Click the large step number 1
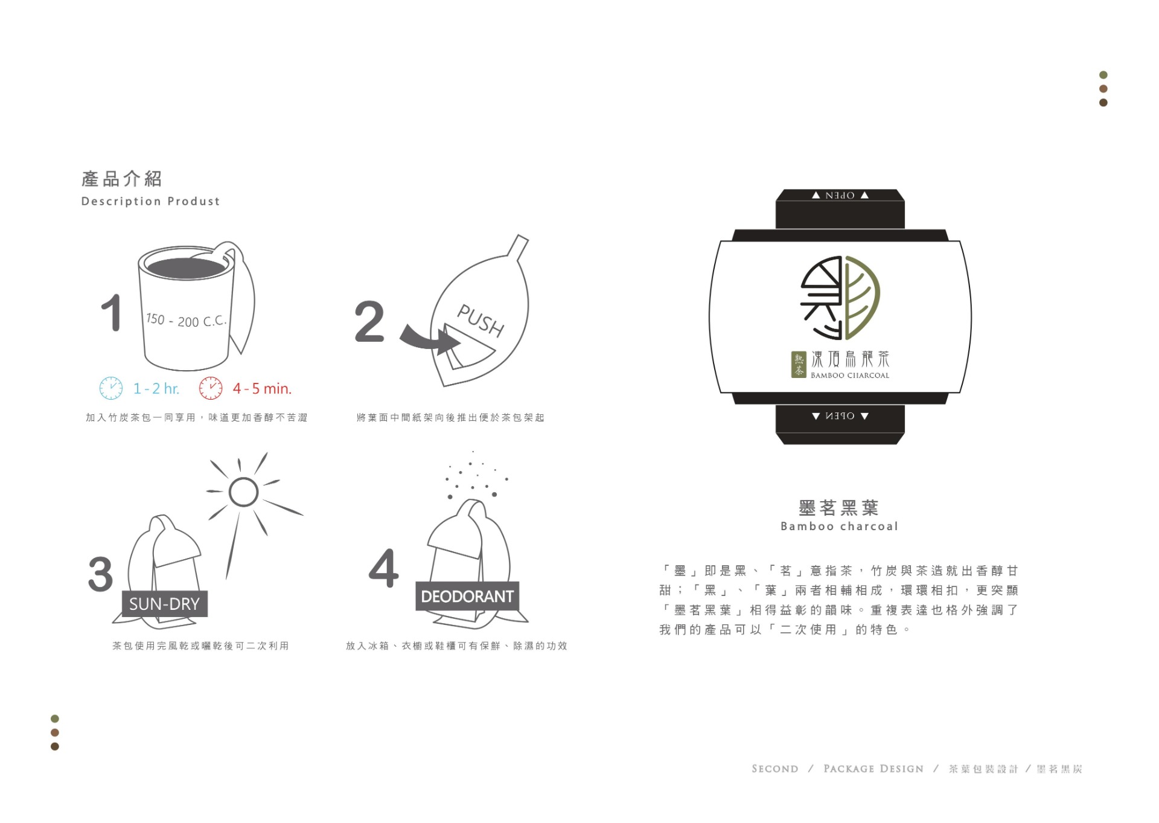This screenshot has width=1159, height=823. tap(112, 313)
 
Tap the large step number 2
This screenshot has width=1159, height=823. tap(369, 321)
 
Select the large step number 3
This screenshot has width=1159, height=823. tap(100, 574)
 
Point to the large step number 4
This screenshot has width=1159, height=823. tap(384, 568)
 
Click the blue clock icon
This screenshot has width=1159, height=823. tap(111, 388)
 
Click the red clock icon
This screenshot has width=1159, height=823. tap(211, 388)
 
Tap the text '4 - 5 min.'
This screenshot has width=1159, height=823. tap(262, 389)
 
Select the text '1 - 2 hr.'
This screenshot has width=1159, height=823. tap(156, 389)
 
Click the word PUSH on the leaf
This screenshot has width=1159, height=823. tap(481, 320)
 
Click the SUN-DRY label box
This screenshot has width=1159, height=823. tap(165, 604)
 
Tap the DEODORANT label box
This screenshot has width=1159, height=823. tap(467, 597)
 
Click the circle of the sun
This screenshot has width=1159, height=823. tap(244, 492)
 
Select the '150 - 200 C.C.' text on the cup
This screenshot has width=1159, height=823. tap(187, 320)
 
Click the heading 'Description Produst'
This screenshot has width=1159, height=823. tap(151, 201)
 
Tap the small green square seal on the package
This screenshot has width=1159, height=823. tap(799, 365)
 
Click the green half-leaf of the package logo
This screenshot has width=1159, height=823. tap(863, 297)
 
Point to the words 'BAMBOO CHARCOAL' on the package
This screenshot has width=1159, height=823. tap(850, 376)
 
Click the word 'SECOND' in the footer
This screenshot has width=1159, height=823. tap(775, 769)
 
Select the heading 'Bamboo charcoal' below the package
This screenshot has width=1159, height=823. tap(840, 527)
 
